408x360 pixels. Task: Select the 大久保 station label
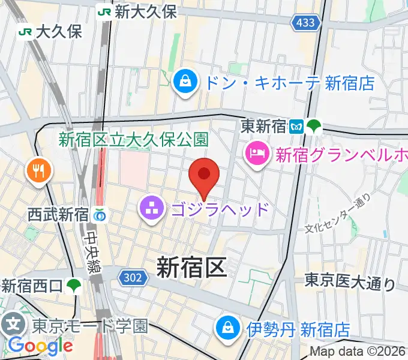click(58, 31)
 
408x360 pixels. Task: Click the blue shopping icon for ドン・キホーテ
click(186, 82)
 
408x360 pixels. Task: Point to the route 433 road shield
click(304, 23)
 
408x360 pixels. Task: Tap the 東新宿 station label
click(264, 127)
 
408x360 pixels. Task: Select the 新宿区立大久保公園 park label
click(133, 140)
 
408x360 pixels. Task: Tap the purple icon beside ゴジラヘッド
click(150, 209)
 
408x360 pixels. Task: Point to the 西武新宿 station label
click(58, 214)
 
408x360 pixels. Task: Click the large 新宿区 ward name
click(191, 267)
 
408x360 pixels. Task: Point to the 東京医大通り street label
click(349, 281)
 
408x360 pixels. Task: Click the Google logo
click(40, 345)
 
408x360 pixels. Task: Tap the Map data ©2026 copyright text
click(358, 351)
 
